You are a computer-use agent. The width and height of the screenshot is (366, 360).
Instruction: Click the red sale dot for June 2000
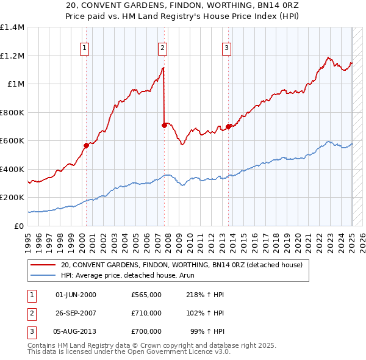(86, 145)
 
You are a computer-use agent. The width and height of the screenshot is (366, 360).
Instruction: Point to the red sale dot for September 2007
(164, 125)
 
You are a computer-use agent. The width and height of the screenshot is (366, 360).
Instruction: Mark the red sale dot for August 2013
(229, 126)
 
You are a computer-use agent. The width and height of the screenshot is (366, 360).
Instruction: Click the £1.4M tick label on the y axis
(12, 27)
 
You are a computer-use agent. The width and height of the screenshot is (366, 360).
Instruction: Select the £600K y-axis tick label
(12, 141)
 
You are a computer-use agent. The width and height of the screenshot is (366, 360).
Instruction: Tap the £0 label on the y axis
(19, 226)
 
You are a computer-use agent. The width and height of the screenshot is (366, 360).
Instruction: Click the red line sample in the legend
(43, 265)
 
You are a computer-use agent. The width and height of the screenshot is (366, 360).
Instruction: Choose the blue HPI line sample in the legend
(43, 275)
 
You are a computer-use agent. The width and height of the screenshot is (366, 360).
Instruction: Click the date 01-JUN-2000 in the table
(76, 295)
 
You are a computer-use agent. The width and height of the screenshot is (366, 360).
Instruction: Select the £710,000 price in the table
(146, 313)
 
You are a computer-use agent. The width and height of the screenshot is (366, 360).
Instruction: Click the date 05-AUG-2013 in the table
(75, 331)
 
